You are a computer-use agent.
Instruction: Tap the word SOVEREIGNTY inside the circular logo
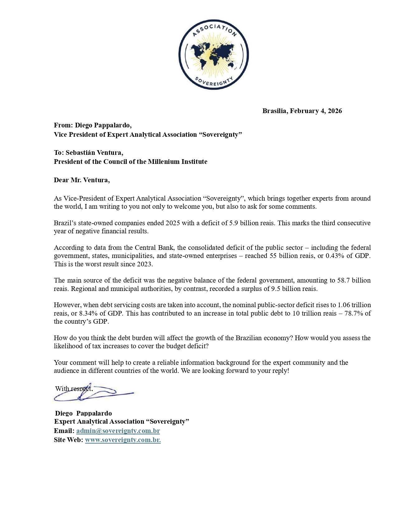click(x=214, y=82)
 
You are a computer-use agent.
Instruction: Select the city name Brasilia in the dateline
click(x=275, y=111)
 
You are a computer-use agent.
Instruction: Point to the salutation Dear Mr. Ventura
click(x=82, y=180)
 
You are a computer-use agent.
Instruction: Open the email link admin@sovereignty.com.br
click(x=118, y=431)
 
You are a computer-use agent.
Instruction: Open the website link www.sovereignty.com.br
click(x=123, y=440)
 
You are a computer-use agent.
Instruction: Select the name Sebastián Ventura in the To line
click(x=94, y=153)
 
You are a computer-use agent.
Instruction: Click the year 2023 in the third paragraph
click(x=144, y=264)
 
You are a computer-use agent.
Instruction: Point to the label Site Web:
click(x=69, y=440)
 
